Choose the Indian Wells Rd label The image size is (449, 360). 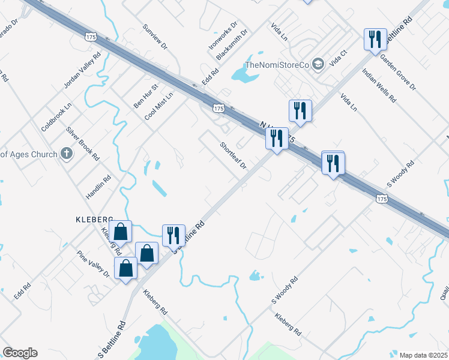[376, 83]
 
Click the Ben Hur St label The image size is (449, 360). [145, 96]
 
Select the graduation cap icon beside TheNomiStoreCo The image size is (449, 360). [318, 64]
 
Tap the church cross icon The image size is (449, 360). [67, 154]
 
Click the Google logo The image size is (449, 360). [20, 353]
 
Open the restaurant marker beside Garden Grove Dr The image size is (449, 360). [375, 40]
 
